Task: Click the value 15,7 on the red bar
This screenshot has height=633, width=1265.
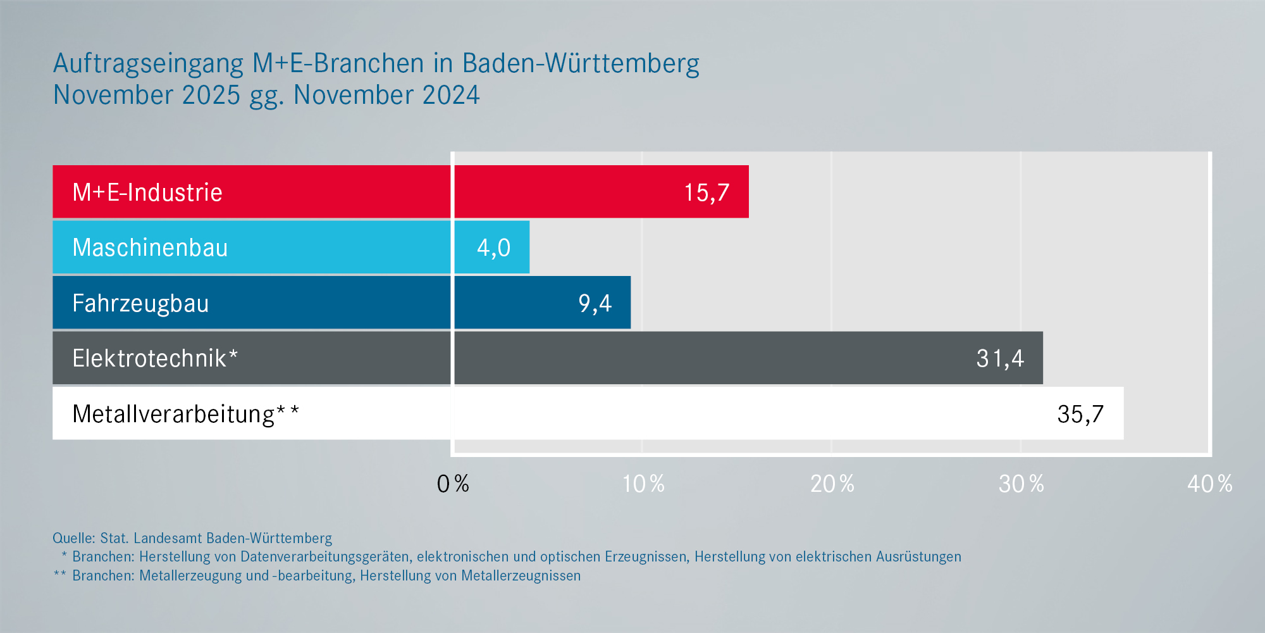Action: (707, 192)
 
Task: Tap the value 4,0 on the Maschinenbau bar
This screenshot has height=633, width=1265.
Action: (493, 248)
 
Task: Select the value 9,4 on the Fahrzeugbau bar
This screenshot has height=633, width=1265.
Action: (595, 303)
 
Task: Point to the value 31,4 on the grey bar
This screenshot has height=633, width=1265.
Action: (1000, 358)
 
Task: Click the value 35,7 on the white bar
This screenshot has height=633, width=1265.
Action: (1080, 414)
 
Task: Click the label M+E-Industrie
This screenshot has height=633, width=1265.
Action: (147, 192)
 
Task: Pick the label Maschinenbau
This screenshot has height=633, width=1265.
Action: (150, 248)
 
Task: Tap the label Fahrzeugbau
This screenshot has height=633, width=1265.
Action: (140, 303)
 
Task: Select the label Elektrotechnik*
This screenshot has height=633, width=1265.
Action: (155, 358)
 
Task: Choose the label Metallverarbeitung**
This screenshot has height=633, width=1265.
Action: (185, 414)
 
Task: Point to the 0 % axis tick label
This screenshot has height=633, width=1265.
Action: (453, 484)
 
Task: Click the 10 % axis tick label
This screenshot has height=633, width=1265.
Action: (643, 484)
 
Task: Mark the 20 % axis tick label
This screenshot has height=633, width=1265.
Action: (832, 484)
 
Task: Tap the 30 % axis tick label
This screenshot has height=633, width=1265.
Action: (1021, 484)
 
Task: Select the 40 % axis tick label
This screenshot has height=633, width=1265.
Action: (1209, 484)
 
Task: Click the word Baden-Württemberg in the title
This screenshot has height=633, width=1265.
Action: (581, 63)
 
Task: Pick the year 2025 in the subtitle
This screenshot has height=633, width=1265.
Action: (211, 95)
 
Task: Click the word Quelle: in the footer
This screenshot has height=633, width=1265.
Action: (74, 538)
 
